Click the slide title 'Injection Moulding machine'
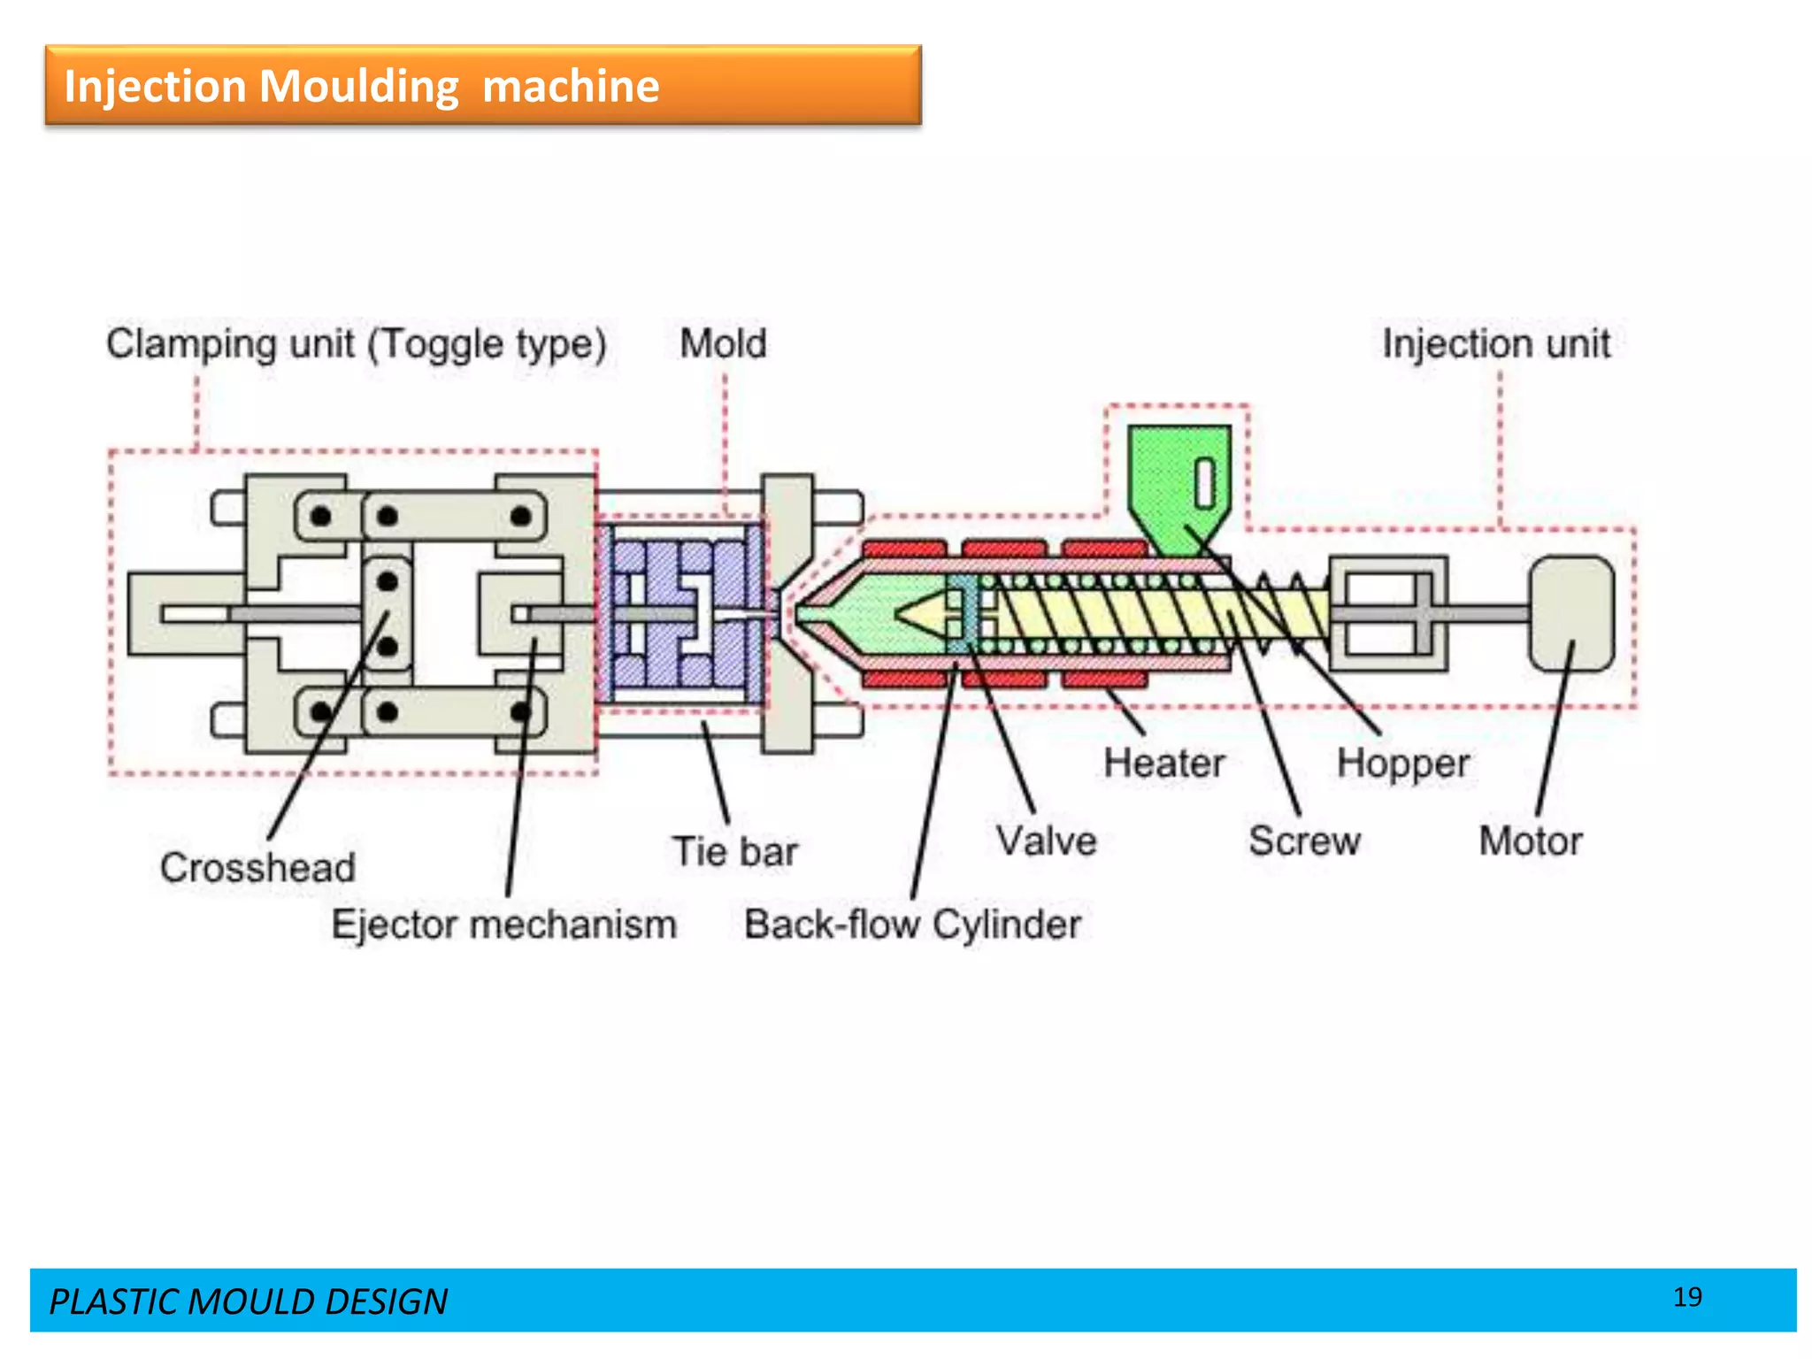pyautogui.click(x=361, y=87)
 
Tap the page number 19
pyautogui.click(x=1687, y=1297)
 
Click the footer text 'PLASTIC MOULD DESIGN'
pyautogui.click(x=248, y=1301)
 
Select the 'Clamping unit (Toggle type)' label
pyautogui.click(x=356, y=343)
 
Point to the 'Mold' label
pyautogui.click(x=723, y=343)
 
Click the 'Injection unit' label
pyautogui.click(x=1496, y=343)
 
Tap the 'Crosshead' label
pyautogui.click(x=257, y=867)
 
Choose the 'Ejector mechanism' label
pyautogui.click(x=504, y=925)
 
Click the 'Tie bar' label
pyautogui.click(x=734, y=851)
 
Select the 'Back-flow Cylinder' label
pyautogui.click(x=912, y=925)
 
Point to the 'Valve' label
pyautogui.click(x=1046, y=841)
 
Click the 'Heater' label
pyautogui.click(x=1164, y=763)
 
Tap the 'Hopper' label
pyautogui.click(x=1403, y=763)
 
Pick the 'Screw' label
pyautogui.click(x=1304, y=841)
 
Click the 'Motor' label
pyautogui.click(x=1531, y=841)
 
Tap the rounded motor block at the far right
pyautogui.click(x=1571, y=613)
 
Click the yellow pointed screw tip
pyautogui.click(x=920, y=613)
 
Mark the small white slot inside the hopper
pyautogui.click(x=1205, y=483)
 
